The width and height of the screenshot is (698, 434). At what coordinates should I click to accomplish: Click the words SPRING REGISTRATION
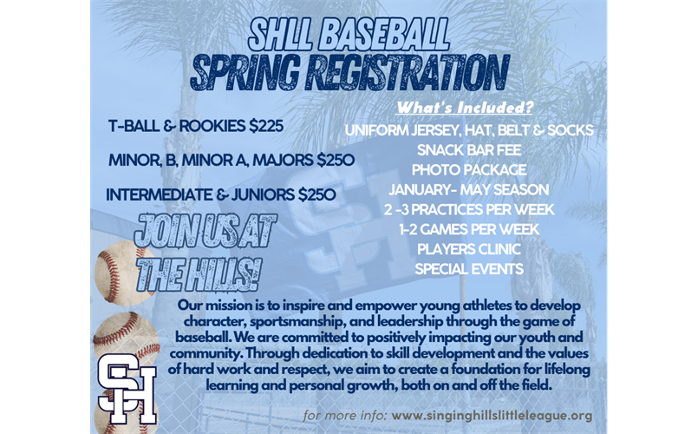pyautogui.click(x=349, y=72)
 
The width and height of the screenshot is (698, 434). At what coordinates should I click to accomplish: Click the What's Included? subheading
pyautogui.click(x=465, y=108)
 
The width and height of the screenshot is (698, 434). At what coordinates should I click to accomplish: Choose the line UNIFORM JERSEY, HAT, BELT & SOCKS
pyautogui.click(x=468, y=130)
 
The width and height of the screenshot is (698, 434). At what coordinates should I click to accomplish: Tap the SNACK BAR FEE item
pyautogui.click(x=468, y=149)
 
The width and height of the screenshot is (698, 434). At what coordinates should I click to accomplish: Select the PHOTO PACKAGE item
pyautogui.click(x=468, y=169)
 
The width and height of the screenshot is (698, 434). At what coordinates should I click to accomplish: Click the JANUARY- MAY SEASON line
pyautogui.click(x=468, y=189)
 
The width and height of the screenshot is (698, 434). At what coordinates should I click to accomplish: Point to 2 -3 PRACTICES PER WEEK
pyautogui.click(x=468, y=209)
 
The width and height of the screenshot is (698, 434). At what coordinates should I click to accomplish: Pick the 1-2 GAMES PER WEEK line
pyautogui.click(x=468, y=229)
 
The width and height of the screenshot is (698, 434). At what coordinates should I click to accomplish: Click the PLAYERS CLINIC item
pyautogui.click(x=468, y=249)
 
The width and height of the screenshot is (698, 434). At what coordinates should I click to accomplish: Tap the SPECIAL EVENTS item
pyautogui.click(x=468, y=269)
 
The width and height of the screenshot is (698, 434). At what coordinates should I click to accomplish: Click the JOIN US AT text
pyautogui.click(x=205, y=233)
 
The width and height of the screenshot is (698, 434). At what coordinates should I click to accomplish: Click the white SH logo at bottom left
pyautogui.click(x=127, y=386)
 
